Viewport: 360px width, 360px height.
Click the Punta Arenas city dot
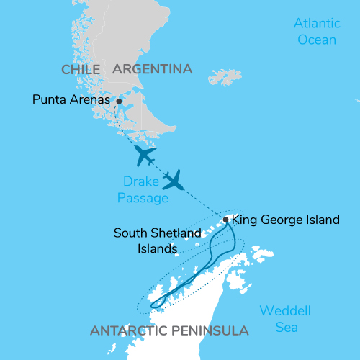tap(119, 102)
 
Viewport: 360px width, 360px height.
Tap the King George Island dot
tap(226, 220)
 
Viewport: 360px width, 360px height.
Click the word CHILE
tap(80, 70)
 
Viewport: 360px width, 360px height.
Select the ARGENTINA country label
tap(153, 70)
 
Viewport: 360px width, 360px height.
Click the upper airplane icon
tap(145, 155)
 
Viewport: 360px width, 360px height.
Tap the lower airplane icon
tap(174, 179)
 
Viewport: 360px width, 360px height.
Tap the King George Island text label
tap(287, 220)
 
